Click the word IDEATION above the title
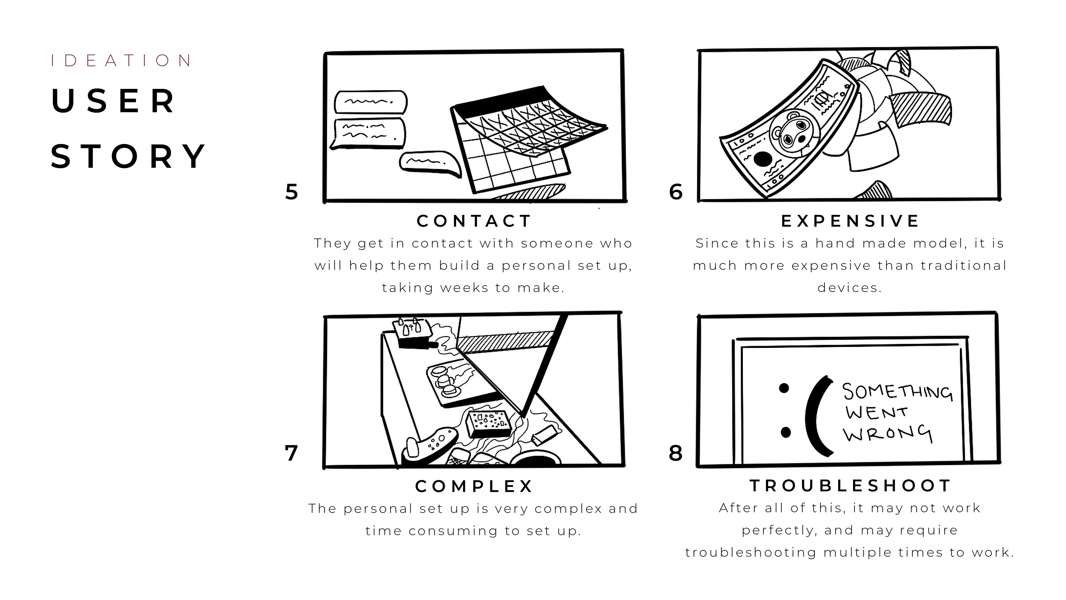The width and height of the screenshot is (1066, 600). [121, 61]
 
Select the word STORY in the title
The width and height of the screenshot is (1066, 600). [128, 156]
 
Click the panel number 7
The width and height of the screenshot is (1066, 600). [291, 453]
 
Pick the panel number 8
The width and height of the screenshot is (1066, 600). [676, 453]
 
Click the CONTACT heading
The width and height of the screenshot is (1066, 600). [474, 221]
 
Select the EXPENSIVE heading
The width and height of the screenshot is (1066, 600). [850, 221]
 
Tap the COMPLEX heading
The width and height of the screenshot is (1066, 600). [474, 486]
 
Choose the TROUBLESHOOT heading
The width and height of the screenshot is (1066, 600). [850, 486]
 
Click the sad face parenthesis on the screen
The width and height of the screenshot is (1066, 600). [817, 416]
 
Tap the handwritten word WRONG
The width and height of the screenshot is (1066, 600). [888, 434]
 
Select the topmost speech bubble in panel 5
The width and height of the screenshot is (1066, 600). [371, 102]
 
